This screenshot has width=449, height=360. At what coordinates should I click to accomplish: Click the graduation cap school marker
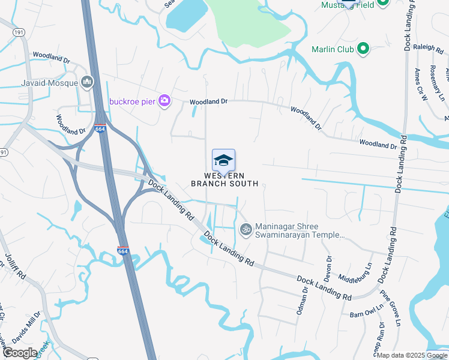(x=223, y=160)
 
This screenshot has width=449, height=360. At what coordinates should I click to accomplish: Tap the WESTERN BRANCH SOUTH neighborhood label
(x=224, y=179)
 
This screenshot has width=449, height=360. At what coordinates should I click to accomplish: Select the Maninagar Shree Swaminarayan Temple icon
(x=245, y=229)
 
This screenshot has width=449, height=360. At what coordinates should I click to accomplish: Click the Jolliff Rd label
(x=16, y=268)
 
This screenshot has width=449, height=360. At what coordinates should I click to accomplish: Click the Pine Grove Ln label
(x=390, y=309)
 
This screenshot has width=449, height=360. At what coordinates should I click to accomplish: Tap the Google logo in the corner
(x=20, y=353)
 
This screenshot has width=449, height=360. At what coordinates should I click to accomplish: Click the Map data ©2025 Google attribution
(x=412, y=355)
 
